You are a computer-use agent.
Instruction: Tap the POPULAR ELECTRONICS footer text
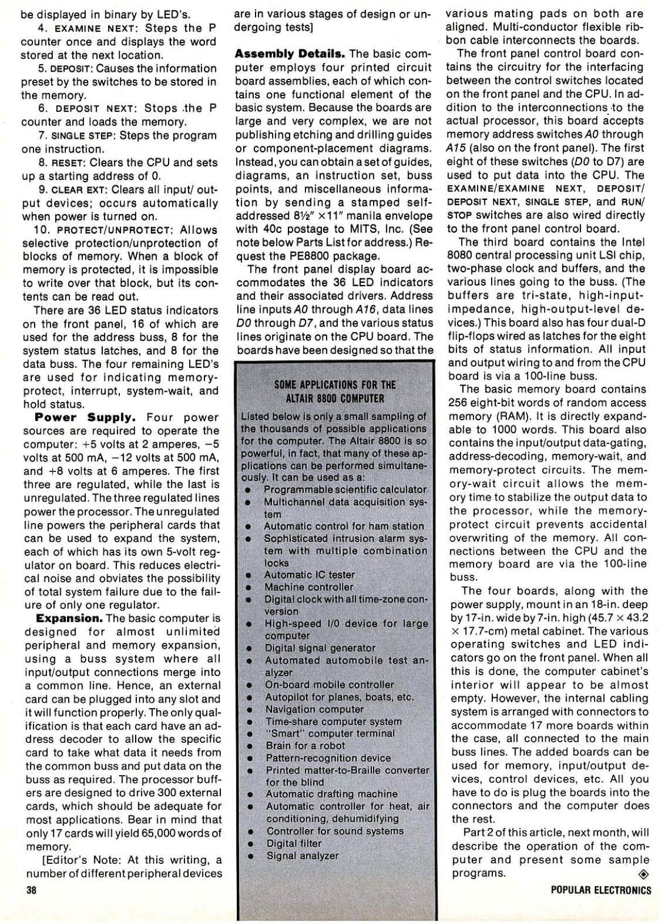[x=601, y=890]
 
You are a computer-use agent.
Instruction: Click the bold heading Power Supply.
[x=85, y=417]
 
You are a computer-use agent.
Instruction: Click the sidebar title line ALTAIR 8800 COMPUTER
[x=335, y=399]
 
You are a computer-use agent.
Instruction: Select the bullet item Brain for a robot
[x=305, y=746]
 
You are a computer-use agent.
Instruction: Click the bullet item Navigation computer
[x=315, y=709]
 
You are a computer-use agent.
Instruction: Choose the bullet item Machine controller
[x=309, y=587]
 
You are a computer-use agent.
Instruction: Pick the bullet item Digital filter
[x=294, y=843]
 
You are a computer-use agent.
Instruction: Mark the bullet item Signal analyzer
[x=303, y=855]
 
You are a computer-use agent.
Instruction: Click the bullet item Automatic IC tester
[x=309, y=575]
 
